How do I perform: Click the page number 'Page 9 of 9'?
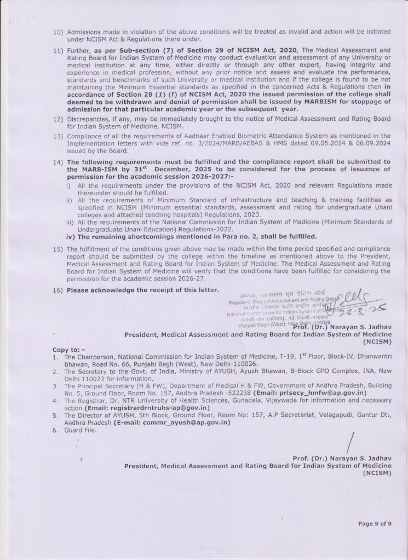click(x=375, y=523)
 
